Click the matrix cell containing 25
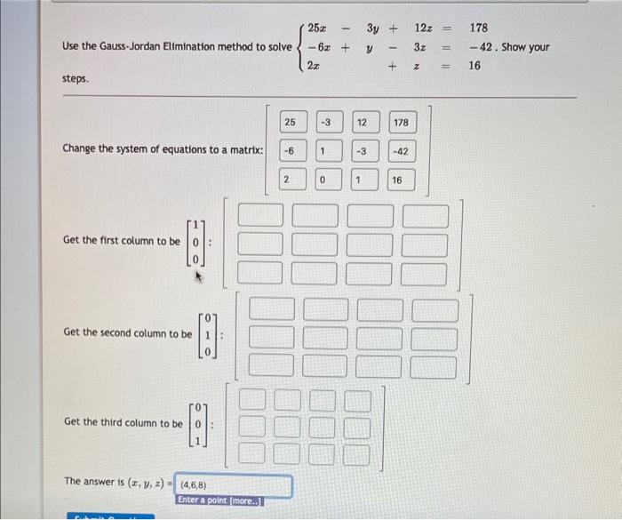(x=291, y=121)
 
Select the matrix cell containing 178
(x=401, y=121)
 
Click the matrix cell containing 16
(x=396, y=180)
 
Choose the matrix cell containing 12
(x=363, y=121)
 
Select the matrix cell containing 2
(x=286, y=180)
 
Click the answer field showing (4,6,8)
(x=235, y=486)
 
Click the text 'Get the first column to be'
(x=122, y=241)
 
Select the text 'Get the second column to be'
(x=127, y=332)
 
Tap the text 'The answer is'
(x=93, y=481)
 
